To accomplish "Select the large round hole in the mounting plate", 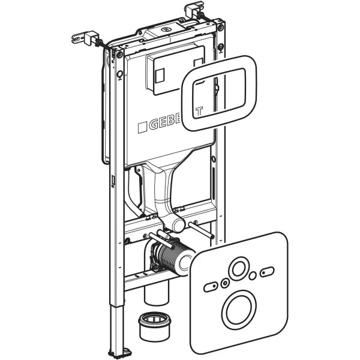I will (x=240, y=309).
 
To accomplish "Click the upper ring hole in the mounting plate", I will (x=241, y=268).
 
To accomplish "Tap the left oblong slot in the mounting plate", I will (x=211, y=287).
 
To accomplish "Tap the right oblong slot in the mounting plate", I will (x=267, y=274).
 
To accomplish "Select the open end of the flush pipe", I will (x=178, y=225).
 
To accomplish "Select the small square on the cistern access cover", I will (x=159, y=76).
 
